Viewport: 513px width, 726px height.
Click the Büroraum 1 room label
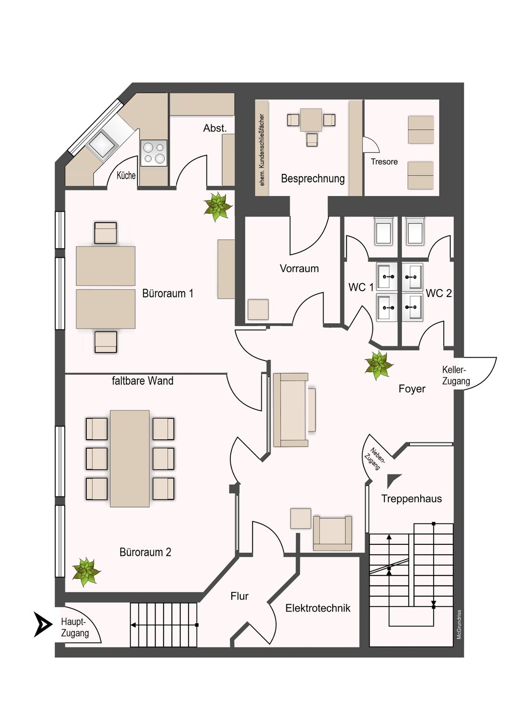tap(168, 293)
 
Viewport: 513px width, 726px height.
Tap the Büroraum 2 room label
tap(145, 552)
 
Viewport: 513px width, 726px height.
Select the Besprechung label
tap(313, 179)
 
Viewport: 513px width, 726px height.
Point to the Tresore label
tap(384, 162)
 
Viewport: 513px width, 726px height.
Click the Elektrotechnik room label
tap(318, 608)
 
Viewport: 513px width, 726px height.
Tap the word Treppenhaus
tap(412, 499)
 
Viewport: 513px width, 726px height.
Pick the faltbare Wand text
tap(142, 380)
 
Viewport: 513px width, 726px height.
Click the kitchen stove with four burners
tap(154, 153)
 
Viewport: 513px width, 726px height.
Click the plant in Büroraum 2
tap(86, 572)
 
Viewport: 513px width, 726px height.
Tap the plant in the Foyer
tap(378, 365)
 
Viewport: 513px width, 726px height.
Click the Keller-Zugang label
tap(456, 376)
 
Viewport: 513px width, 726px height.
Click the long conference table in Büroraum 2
tap(130, 458)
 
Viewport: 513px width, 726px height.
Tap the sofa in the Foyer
tap(291, 410)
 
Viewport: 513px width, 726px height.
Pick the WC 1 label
tap(360, 287)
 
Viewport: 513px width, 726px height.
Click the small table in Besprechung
tap(311, 120)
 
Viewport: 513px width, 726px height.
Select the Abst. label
tap(215, 128)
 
